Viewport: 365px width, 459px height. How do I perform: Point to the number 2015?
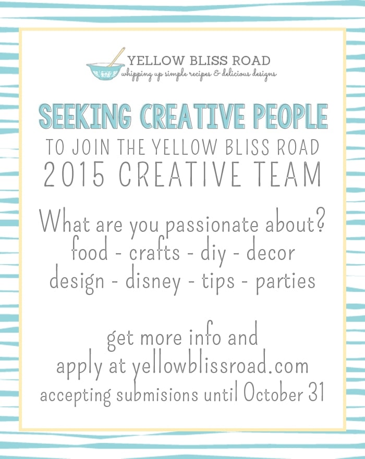pos(75,175)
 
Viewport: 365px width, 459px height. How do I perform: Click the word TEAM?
pos(295,175)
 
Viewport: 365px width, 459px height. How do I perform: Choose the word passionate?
pos(212,225)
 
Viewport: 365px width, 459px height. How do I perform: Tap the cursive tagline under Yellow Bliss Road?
pos(199,74)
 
